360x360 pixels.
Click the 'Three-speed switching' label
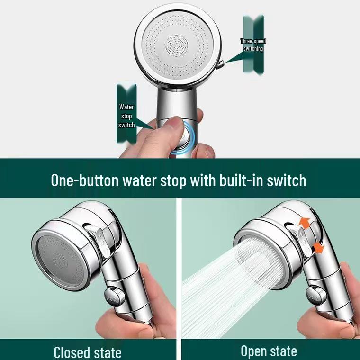pyautogui.click(x=253, y=45)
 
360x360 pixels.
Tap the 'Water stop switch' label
pyautogui.click(x=126, y=116)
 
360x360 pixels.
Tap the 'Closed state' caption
pyautogui.click(x=88, y=352)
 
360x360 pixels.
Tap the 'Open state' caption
pyautogui.click(x=269, y=351)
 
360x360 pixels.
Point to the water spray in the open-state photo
pyautogui.click(x=223, y=284)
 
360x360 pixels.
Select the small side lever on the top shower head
pyautogui.click(x=221, y=63)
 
